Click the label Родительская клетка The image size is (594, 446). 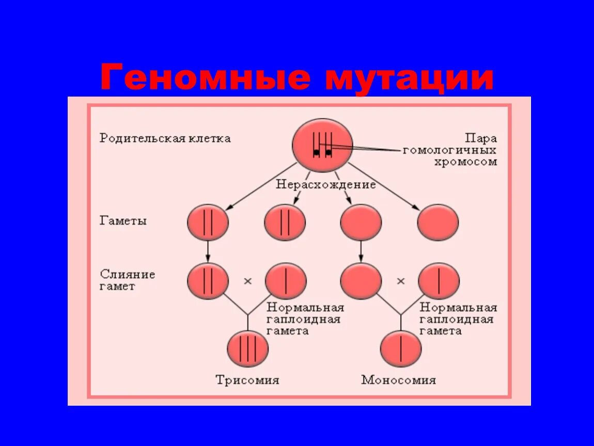tap(165, 138)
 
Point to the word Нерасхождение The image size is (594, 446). tap(325, 184)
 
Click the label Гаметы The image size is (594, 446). tap(123, 220)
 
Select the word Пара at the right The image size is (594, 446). tap(481, 138)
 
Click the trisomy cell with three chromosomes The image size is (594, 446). tap(248, 349)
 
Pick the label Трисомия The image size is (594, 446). tap(247, 380)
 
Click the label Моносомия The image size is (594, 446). tap(398, 380)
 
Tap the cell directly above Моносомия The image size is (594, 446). tap(401, 349)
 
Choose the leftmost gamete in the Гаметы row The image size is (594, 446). tap(208, 222)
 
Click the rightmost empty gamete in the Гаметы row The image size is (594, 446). tap(437, 222)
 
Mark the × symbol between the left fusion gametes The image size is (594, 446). tap(247, 281)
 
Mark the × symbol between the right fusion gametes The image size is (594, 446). tap(400, 281)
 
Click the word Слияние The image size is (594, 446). tap(127, 274)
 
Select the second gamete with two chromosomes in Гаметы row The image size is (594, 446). tap(285, 222)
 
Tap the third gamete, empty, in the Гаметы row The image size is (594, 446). tap(361, 222)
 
